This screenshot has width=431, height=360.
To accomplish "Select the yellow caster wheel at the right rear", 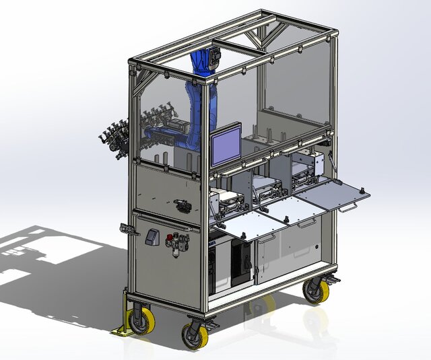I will (314, 290).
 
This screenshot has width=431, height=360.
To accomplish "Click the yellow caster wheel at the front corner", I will (193, 335).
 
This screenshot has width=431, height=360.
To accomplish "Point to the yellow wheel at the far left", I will (141, 320).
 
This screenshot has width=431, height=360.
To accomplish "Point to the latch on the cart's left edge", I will (125, 228).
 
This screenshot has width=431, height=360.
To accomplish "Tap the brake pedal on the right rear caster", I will (332, 278).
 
